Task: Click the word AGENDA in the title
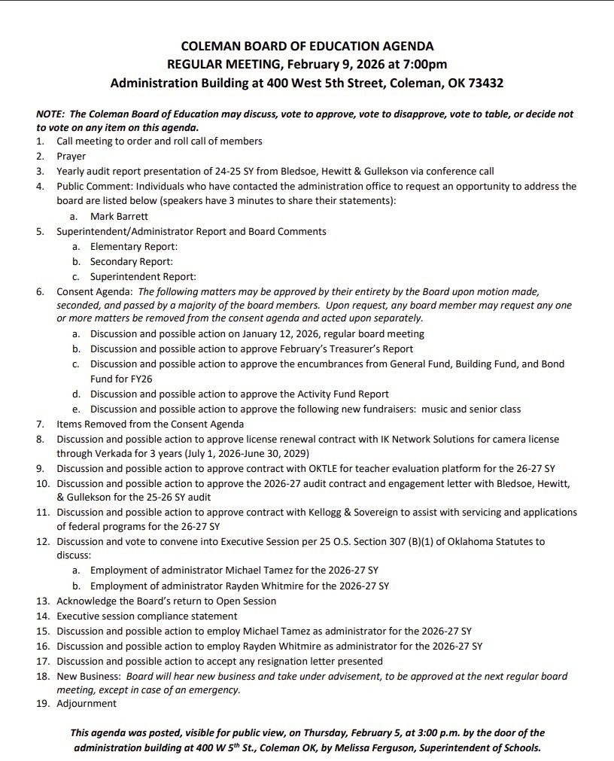(404, 46)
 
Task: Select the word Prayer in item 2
(71, 156)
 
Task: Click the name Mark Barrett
(120, 216)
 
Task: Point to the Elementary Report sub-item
(134, 246)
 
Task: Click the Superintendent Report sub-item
(143, 276)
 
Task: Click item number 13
(43, 601)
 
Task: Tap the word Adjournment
(87, 703)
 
